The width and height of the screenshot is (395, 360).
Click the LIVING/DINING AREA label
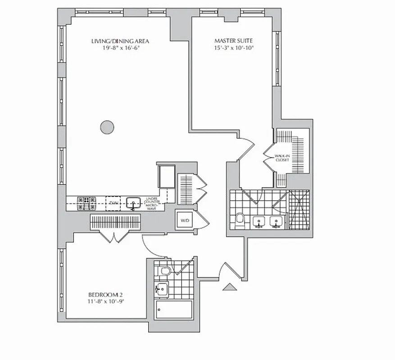pos(120,41)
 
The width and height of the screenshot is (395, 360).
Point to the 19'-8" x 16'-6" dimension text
pos(120,48)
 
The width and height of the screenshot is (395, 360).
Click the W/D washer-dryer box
pos(185,220)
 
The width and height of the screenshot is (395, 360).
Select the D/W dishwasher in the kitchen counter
pos(114,203)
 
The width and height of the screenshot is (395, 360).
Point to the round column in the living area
pos(107,127)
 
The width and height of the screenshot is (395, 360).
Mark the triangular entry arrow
pos(229,286)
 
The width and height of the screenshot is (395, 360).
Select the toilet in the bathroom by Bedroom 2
pos(165,271)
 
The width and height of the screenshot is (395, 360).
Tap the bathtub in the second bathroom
pos(174,310)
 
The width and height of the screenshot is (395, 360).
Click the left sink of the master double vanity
pos(259,221)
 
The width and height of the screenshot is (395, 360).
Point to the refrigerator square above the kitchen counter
pos(166,176)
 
